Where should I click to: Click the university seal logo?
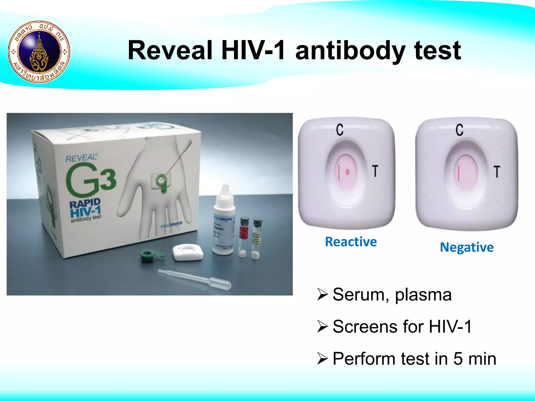(x=39, y=52)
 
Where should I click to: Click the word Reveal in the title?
(x=170, y=50)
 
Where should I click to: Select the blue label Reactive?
(x=351, y=242)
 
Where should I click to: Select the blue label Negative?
(x=467, y=247)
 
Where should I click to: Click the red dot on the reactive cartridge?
(x=347, y=172)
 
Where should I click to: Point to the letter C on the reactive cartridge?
(x=340, y=129)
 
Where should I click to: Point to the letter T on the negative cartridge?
(x=497, y=172)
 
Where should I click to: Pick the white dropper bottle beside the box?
(x=224, y=219)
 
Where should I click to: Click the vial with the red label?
(x=244, y=236)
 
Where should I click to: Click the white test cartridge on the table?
(x=188, y=252)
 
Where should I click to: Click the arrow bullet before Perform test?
(x=322, y=358)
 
